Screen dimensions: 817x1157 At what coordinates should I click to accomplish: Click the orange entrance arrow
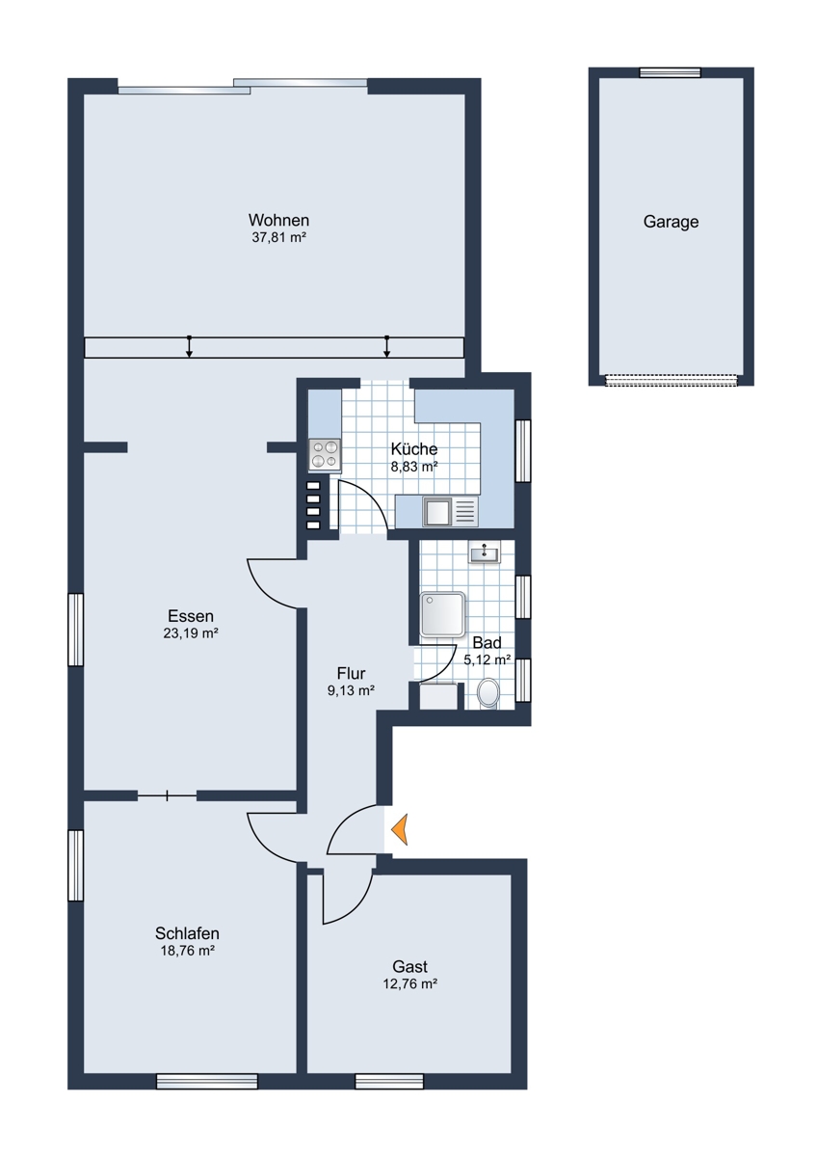point(401,829)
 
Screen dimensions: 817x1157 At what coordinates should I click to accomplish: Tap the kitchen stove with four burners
point(325,454)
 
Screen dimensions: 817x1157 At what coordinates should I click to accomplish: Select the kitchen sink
point(451,511)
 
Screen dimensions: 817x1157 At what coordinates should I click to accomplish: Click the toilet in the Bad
point(488,693)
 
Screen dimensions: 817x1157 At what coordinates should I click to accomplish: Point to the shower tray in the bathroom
point(442,615)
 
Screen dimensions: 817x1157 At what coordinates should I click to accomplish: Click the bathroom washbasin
point(484,552)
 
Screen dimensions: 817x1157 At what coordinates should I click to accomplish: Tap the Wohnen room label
point(278,221)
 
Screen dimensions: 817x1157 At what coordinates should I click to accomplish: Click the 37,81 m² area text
point(279,237)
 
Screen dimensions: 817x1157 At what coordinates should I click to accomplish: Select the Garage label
point(671,222)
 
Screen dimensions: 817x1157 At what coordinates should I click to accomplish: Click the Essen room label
point(191,616)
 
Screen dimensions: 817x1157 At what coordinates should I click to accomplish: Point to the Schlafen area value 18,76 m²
point(187,951)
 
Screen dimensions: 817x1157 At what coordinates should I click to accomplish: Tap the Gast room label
point(409,966)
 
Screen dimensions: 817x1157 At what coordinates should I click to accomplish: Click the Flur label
point(351,674)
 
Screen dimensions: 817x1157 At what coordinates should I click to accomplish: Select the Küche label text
point(414,448)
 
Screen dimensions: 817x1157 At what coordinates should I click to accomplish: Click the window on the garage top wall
point(670,72)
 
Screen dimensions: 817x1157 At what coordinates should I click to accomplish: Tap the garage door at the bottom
point(671,380)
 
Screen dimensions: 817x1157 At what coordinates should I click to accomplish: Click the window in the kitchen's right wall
point(523,451)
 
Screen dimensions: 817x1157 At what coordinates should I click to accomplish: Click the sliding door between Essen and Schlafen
point(168,796)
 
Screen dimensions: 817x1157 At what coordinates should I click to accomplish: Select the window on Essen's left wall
point(76,630)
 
